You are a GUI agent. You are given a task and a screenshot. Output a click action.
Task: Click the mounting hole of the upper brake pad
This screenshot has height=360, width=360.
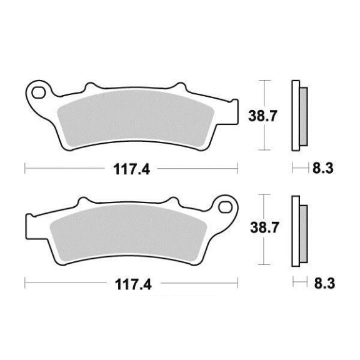[38, 92]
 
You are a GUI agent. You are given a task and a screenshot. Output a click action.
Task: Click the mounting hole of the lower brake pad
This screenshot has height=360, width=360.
[225, 207]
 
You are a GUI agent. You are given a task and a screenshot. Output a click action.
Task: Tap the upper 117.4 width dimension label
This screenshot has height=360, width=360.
[131, 169]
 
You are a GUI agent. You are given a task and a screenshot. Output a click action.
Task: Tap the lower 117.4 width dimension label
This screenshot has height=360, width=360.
[133, 284]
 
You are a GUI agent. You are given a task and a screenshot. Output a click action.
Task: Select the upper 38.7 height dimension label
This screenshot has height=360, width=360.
[263, 116]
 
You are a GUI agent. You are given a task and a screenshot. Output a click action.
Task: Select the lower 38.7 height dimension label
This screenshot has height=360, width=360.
[264, 227]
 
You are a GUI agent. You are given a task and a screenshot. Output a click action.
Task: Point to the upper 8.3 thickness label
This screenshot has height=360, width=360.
[322, 168]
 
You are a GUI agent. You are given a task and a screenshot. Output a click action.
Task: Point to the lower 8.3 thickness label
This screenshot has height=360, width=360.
[324, 283]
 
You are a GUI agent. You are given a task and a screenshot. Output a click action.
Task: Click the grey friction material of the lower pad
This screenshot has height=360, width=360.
[129, 233]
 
